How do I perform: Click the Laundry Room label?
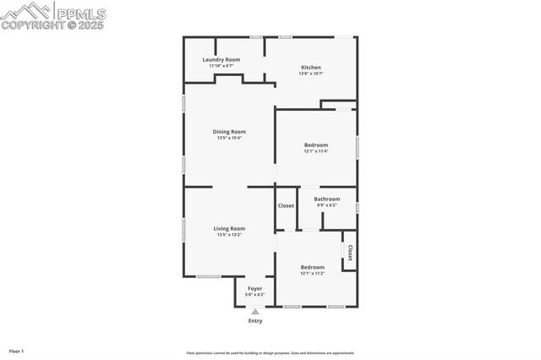pyautogui.click(x=221, y=60)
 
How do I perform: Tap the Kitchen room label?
pyautogui.click(x=311, y=68)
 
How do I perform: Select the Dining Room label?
pyautogui.click(x=228, y=131)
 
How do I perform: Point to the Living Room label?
pyautogui.click(x=229, y=228)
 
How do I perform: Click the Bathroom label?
pyautogui.click(x=327, y=199)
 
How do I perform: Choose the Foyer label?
pyautogui.click(x=254, y=288)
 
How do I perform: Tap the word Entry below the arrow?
pyautogui.click(x=254, y=321)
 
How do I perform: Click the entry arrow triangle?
pyautogui.click(x=254, y=312)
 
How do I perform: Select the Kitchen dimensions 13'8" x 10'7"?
pyautogui.click(x=311, y=74)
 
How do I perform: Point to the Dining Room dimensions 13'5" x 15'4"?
pyautogui.click(x=228, y=138)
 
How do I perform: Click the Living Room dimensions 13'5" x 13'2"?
pyautogui.click(x=229, y=234)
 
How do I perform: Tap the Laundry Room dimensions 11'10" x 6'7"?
pyautogui.click(x=221, y=66)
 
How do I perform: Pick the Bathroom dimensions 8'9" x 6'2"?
pyautogui.click(x=327, y=205)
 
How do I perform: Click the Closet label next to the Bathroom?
pyautogui.click(x=286, y=205)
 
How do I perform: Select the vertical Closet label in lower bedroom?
pyautogui.click(x=349, y=253)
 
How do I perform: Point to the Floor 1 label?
pyautogui.click(x=16, y=351)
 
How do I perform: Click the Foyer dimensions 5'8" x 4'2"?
pyautogui.click(x=254, y=294)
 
